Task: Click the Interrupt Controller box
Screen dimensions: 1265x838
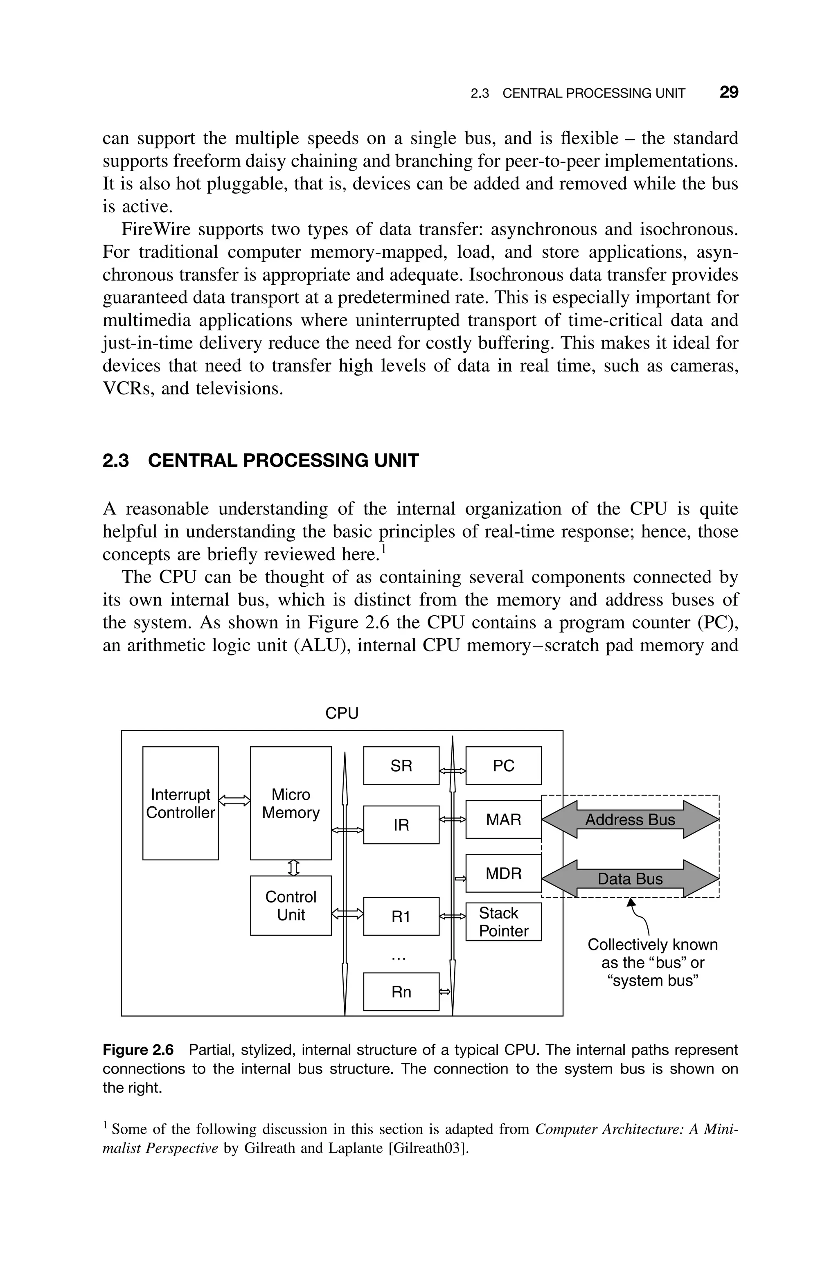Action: [x=180, y=803]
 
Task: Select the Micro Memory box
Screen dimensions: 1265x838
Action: [x=291, y=803]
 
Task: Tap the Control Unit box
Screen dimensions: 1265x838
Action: [x=291, y=905]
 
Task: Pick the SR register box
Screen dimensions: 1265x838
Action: [x=401, y=765]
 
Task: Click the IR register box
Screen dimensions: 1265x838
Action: [x=401, y=825]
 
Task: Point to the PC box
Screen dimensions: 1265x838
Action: [x=503, y=765]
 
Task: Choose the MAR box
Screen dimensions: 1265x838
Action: [x=503, y=819]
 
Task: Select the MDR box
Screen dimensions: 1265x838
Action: [x=503, y=873]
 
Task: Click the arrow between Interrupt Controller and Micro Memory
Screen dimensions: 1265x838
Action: [x=234, y=800]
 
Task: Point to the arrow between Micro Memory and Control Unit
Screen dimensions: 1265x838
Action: [x=292, y=868]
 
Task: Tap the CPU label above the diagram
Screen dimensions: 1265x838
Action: [x=342, y=713]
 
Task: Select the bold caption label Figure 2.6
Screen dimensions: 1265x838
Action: [x=138, y=1050]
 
